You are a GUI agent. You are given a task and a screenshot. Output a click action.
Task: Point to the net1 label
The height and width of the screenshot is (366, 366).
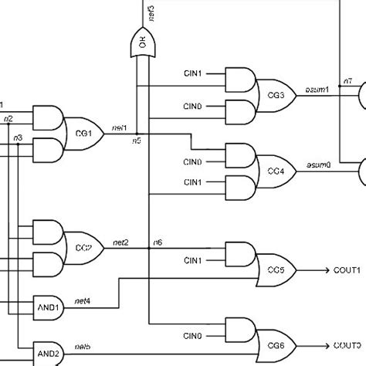coord(120,127)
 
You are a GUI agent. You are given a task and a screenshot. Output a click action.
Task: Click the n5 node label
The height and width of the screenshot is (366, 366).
coord(136,140)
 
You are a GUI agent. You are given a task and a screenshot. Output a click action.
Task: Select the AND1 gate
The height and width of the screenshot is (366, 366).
coord(48,306)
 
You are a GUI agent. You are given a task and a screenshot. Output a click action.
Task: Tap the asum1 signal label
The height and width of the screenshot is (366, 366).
coord(319,89)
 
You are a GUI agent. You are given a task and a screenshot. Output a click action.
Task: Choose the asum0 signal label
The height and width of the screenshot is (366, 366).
coord(319,165)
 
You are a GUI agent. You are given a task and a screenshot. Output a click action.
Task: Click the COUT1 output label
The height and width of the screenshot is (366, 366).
coord(347,269)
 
